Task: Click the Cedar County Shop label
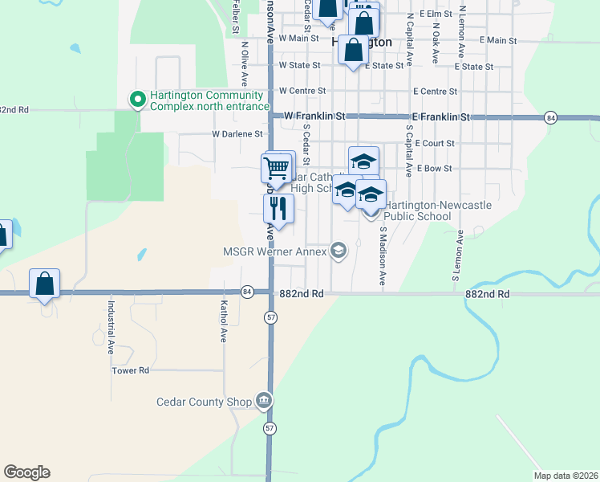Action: (204, 402)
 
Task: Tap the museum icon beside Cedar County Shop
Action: (263, 401)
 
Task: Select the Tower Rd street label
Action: (131, 370)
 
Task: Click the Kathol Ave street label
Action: (225, 321)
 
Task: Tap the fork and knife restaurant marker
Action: (278, 209)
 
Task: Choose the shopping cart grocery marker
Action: (276, 169)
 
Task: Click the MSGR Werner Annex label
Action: (274, 252)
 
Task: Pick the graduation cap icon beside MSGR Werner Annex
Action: (338, 251)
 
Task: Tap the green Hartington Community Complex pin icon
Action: (138, 100)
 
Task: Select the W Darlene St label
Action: (237, 134)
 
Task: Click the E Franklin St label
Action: (440, 117)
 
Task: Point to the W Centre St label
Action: (302, 92)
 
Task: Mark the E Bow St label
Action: (434, 169)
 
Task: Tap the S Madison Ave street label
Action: (383, 256)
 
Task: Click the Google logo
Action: (26, 472)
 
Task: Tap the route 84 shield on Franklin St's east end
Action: (549, 117)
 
